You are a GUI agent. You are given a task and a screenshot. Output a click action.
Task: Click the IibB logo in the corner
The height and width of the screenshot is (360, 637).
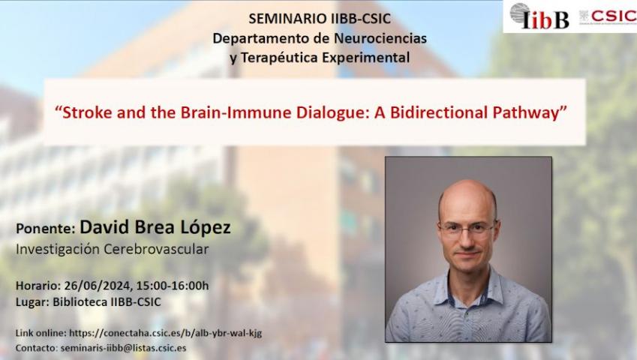539,16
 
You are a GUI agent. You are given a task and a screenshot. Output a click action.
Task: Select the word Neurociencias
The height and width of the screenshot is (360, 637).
380,38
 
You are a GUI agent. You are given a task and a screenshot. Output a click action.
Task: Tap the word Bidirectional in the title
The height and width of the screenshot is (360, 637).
439,112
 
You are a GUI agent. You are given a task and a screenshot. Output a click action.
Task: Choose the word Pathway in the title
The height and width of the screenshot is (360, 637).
526,113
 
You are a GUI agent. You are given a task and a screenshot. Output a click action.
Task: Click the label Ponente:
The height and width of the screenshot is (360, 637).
46,229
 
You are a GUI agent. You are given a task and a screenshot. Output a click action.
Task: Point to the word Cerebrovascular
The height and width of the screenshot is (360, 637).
157,249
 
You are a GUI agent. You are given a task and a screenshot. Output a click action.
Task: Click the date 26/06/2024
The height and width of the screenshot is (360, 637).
97,286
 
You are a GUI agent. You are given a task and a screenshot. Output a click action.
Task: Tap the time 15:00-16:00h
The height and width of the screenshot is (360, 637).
173,286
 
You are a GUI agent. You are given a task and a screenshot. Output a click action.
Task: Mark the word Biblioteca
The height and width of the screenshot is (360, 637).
80,302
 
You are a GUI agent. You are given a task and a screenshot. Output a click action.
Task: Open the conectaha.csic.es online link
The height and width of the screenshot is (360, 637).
165,333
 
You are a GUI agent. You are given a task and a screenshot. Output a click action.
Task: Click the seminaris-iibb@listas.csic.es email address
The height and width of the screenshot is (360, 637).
123,348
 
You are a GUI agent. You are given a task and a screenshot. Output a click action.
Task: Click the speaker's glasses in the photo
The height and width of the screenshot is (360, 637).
467,229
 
